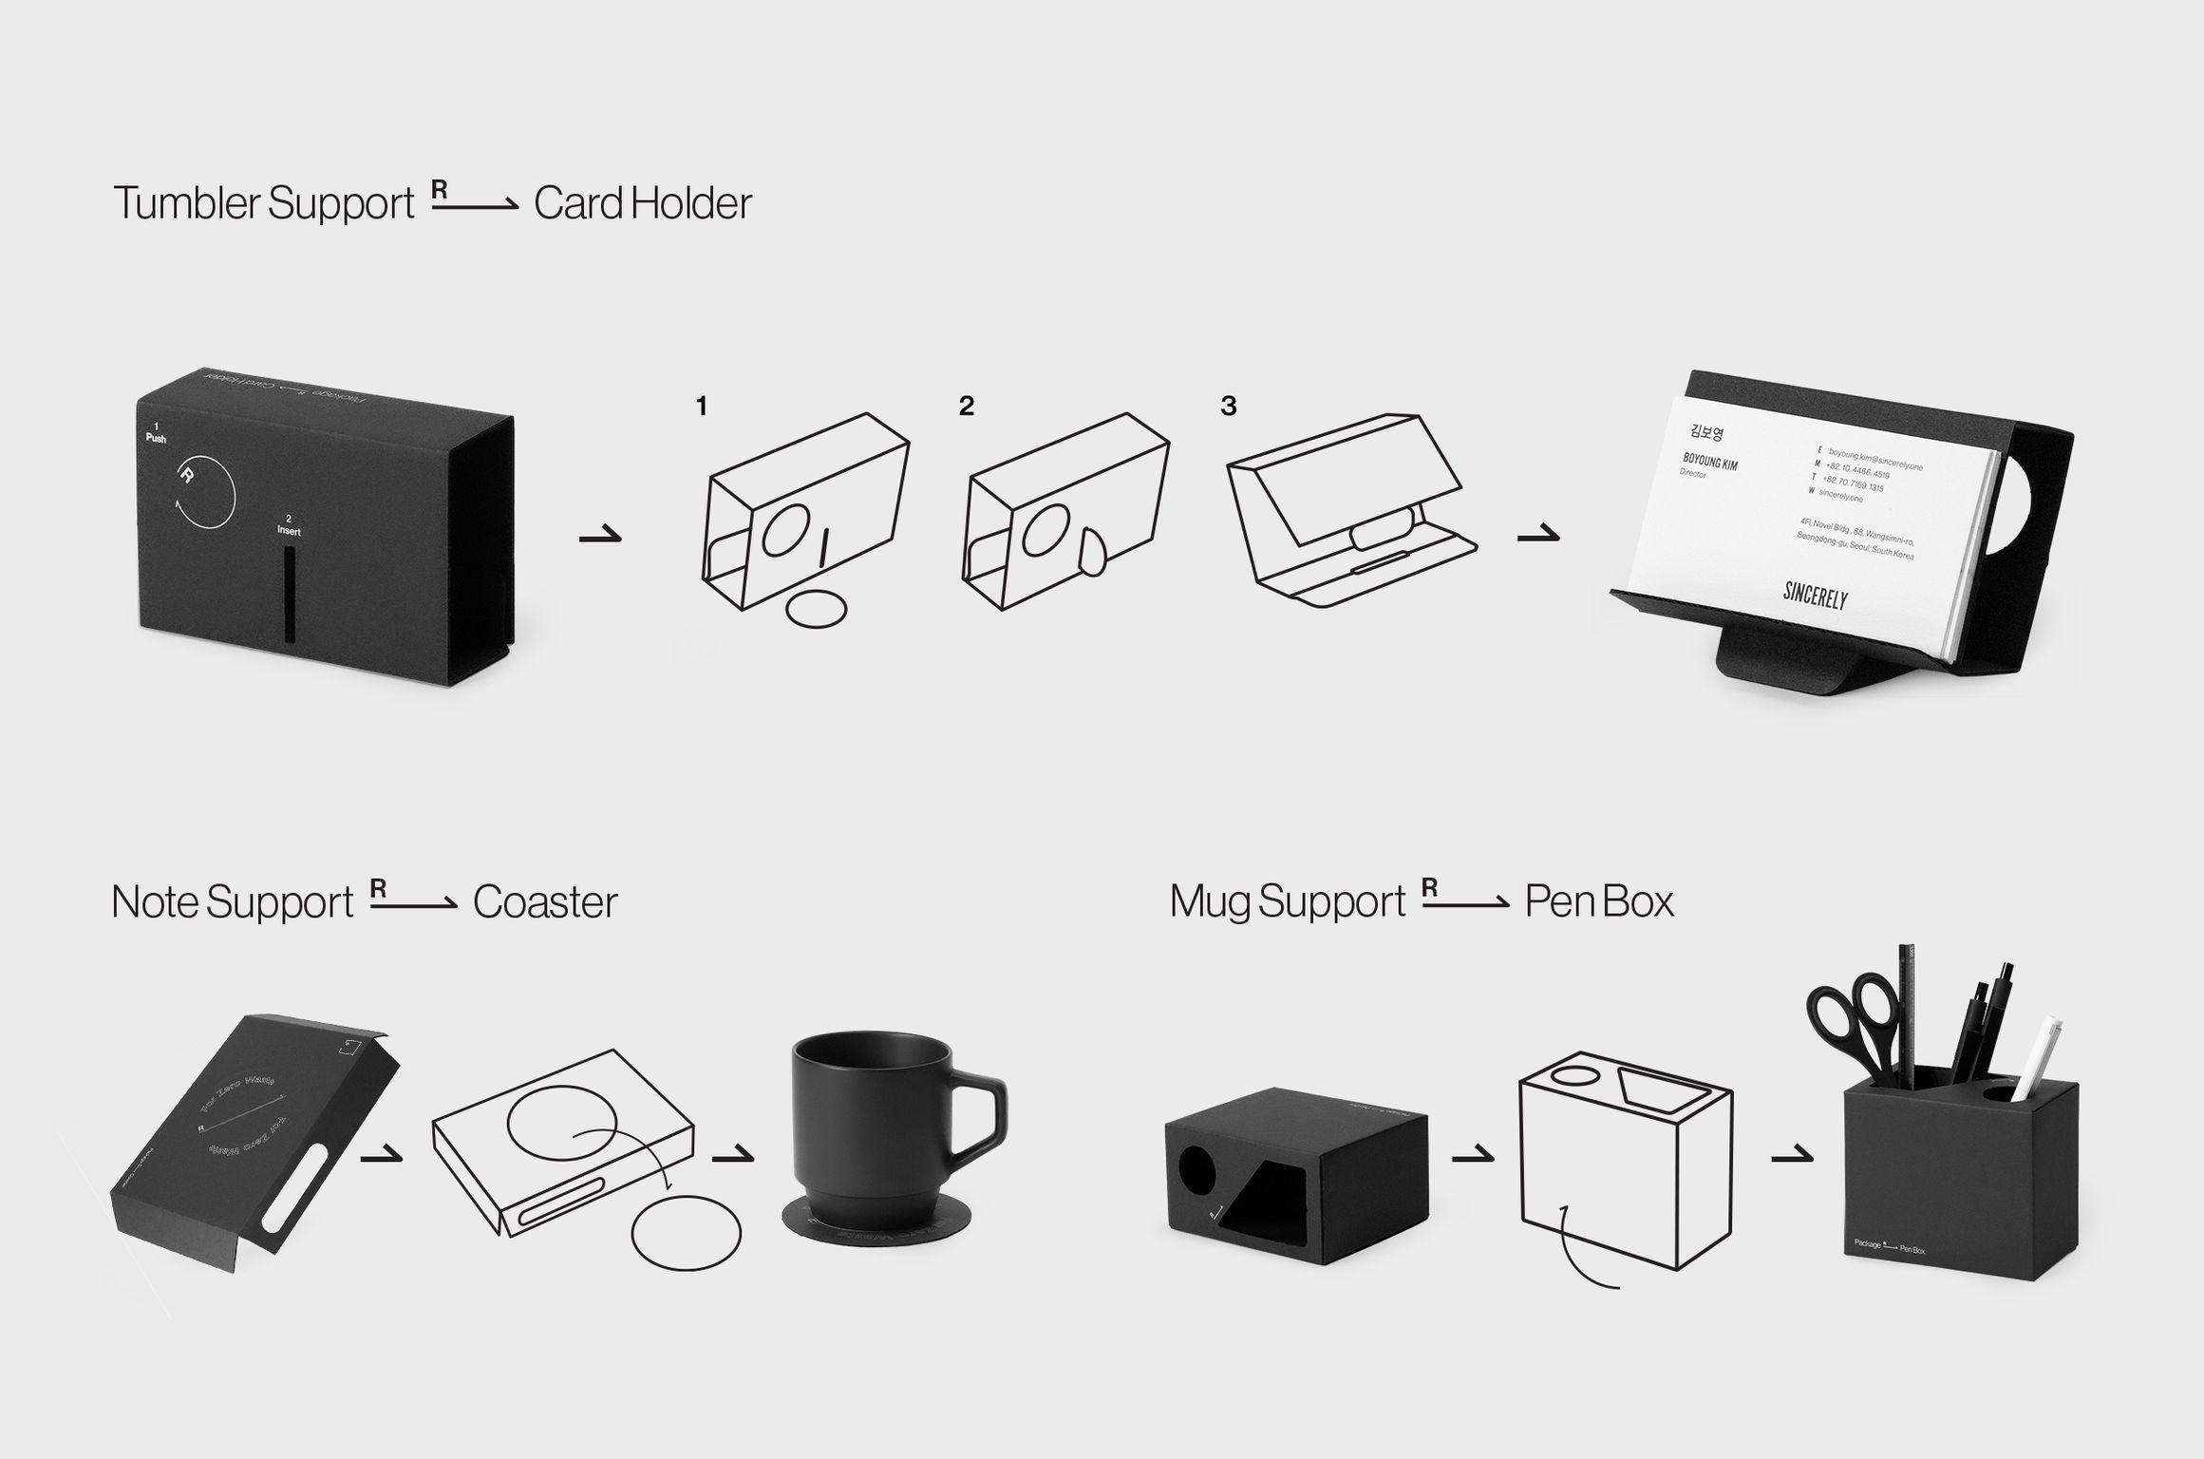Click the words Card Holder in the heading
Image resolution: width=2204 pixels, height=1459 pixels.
click(642, 203)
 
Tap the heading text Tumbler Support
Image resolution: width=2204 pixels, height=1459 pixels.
click(264, 203)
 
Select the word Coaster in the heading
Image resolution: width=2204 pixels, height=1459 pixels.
click(545, 902)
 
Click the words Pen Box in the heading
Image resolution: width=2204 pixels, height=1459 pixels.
click(1599, 901)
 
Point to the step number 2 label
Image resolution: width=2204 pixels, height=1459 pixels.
click(966, 407)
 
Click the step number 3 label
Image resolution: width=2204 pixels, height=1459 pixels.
click(1228, 407)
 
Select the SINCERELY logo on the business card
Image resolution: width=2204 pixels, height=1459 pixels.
click(1815, 596)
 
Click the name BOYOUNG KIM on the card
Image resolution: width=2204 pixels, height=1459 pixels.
click(1709, 462)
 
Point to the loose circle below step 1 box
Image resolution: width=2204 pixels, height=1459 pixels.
click(817, 608)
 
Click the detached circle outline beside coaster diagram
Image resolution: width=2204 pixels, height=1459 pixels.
click(686, 1233)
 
